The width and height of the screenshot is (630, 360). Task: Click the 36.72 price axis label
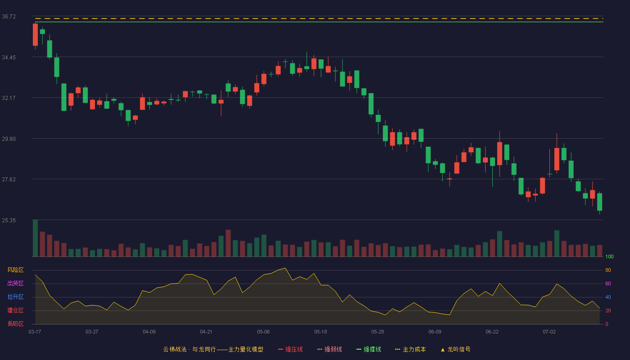[x=9, y=17]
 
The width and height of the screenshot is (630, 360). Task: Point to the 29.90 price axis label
[x=9, y=139]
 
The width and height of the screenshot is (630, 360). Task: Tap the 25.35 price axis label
[x=9, y=220]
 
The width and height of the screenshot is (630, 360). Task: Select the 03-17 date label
[x=35, y=332]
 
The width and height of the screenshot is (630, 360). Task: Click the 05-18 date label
[x=320, y=332]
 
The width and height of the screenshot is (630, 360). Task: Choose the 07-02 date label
[x=549, y=332]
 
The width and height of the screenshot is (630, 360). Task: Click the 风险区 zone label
[x=15, y=270]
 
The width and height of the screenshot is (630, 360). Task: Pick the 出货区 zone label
[x=15, y=283]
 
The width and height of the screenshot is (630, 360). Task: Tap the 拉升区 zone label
[x=15, y=297]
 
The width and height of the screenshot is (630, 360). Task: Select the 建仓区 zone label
[x=15, y=310]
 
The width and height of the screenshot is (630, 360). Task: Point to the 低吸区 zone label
[x=15, y=324]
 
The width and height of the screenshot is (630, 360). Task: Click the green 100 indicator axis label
[x=609, y=256]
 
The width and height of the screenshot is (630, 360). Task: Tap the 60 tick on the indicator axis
[x=608, y=283]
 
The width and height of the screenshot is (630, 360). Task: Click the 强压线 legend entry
[x=290, y=350]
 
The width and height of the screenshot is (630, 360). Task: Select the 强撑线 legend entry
[x=369, y=350]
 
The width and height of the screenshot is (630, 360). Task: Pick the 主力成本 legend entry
[x=410, y=350]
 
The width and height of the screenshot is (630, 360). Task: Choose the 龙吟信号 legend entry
[x=455, y=350]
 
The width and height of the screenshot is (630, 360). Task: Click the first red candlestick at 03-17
[x=35, y=35]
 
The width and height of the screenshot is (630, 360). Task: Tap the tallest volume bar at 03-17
[x=35, y=238]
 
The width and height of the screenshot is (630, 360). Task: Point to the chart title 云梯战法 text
[x=175, y=350]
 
